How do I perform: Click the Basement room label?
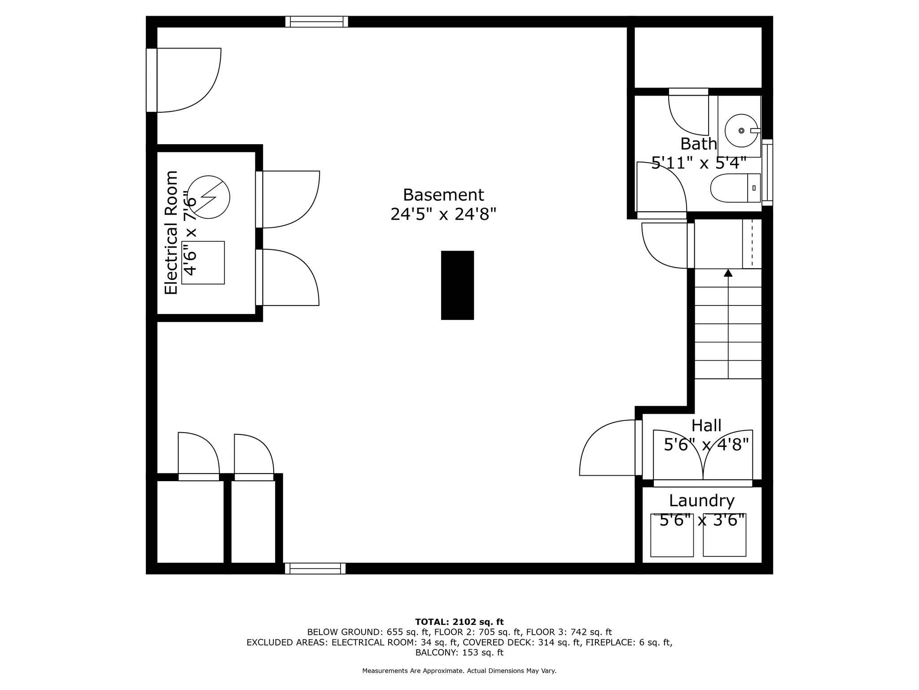[x=443, y=195]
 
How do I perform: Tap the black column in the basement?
[x=457, y=285]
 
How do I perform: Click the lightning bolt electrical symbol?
[x=208, y=197]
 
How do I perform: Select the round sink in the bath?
[x=741, y=131]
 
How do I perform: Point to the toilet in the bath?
[x=735, y=188]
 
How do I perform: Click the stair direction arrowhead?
[x=728, y=273]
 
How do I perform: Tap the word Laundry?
[x=701, y=500]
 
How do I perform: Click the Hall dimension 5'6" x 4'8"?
[x=706, y=445]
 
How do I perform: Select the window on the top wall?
[x=317, y=22]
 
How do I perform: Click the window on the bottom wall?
[x=315, y=569]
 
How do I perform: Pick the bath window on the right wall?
[x=767, y=172]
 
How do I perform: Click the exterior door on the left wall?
[x=152, y=80]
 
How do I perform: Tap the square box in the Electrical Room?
[x=203, y=263]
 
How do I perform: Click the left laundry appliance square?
[x=672, y=535]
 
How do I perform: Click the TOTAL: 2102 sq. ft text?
[x=459, y=622]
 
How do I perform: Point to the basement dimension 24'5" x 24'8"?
[x=443, y=214]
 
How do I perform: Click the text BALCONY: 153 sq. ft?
[x=459, y=653]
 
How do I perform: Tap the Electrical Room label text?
[x=171, y=232]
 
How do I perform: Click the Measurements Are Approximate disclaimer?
[x=459, y=671]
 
